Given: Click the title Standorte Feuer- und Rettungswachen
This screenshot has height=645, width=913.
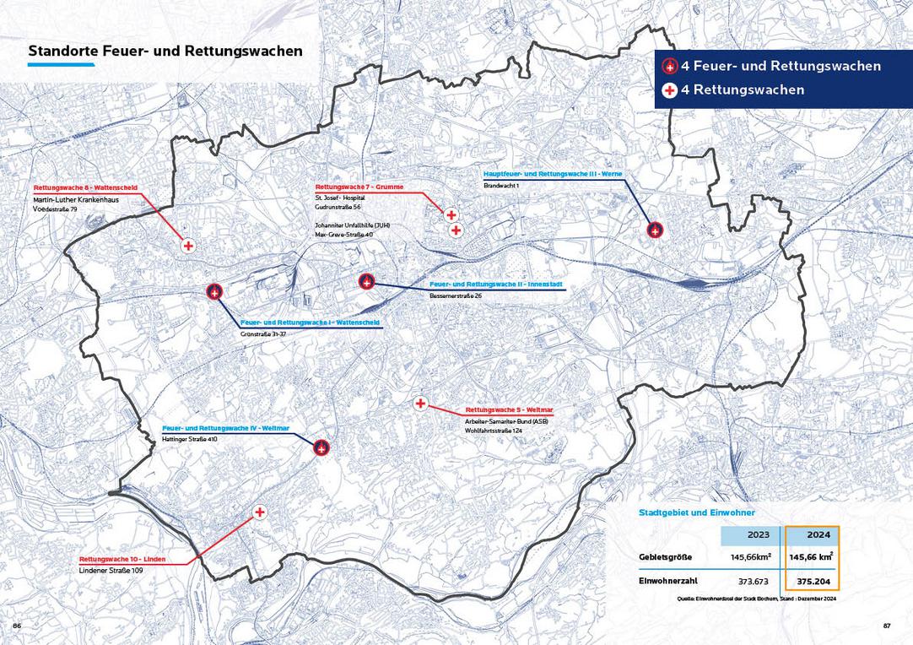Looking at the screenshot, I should coord(165,51).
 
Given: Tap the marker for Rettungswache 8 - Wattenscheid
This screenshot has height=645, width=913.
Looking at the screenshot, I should coord(188,245).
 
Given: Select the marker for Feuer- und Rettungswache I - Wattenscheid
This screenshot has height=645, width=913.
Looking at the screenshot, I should coord(214,292).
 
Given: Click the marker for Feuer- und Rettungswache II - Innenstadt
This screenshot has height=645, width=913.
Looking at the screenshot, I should coord(366,281).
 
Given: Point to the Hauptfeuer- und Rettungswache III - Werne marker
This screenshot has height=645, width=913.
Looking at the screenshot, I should coord(655,229).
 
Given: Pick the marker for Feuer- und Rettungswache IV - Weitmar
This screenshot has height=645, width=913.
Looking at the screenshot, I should coord(321,447).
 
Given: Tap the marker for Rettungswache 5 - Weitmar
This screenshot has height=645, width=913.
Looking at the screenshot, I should coord(420,404).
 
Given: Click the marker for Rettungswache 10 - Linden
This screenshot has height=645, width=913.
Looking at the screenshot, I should coord(260,512).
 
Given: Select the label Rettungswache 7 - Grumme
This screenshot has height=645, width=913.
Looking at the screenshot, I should coord(359,186).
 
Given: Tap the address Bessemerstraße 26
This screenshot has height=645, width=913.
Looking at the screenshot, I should coord(456,295).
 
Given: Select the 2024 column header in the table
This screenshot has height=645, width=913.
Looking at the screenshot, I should coord(812,535).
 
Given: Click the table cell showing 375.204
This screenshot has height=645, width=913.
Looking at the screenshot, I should coord(813,582).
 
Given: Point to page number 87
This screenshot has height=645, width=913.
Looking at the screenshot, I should coord(887,626).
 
